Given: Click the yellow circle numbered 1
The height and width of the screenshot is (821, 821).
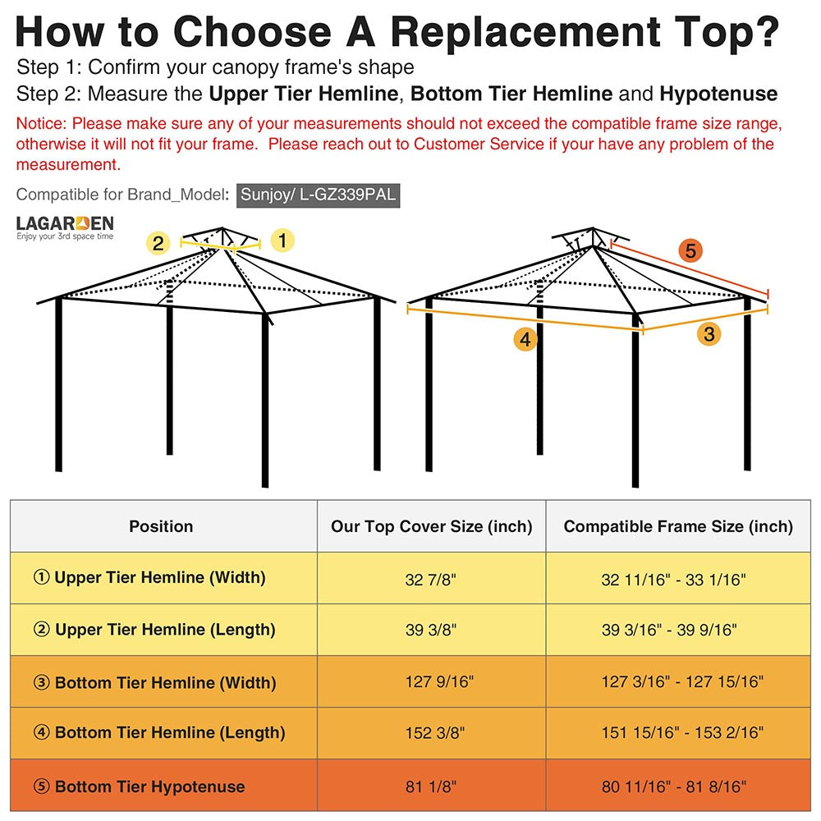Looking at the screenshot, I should click(x=282, y=241).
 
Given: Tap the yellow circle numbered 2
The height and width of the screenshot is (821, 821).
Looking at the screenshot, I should click(x=158, y=243).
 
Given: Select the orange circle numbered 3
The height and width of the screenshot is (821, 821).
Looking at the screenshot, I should click(x=709, y=333).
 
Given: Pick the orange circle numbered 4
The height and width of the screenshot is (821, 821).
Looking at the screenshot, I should click(x=525, y=339).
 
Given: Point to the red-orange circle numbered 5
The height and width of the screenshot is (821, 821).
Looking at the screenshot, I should click(x=690, y=250).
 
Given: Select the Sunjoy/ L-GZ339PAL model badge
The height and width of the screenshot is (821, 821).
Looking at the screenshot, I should click(x=319, y=195).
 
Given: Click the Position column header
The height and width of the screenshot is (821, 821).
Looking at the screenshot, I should click(x=161, y=526).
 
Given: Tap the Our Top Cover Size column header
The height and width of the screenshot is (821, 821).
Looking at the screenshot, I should click(x=431, y=526).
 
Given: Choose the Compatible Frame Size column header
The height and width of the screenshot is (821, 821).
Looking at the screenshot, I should click(x=678, y=526).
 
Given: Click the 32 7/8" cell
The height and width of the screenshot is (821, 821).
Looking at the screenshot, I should click(x=431, y=580).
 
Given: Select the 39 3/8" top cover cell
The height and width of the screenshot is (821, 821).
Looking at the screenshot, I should click(x=431, y=631).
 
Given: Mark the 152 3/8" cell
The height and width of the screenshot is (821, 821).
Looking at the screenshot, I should click(x=431, y=732).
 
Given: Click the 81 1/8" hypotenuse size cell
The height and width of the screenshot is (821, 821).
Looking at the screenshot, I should click(x=431, y=787).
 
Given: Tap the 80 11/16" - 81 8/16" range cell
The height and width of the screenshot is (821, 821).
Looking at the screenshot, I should click(x=674, y=787).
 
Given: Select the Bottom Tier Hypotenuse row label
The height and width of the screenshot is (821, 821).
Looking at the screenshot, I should click(x=139, y=787).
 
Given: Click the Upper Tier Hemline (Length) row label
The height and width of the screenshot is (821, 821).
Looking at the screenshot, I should click(x=154, y=630).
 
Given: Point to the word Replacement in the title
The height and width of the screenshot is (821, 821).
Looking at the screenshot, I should click(x=525, y=32).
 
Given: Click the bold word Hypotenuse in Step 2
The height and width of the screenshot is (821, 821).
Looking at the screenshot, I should click(x=718, y=94).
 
